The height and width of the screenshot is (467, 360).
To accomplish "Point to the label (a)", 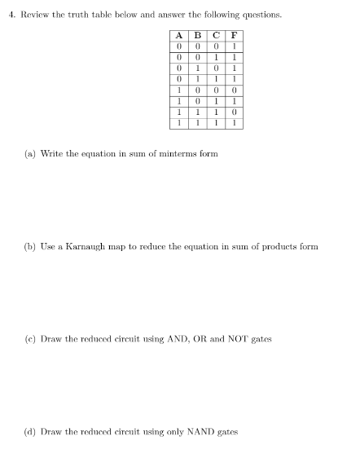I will pos(29,153).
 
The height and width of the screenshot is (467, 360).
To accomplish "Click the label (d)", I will pos(29,431).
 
